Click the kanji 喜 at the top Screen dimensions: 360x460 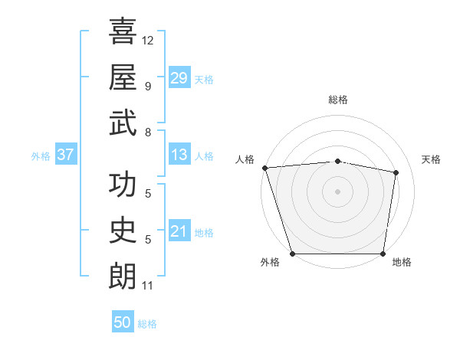click(x=123, y=31)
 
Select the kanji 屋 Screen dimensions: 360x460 click(x=123, y=77)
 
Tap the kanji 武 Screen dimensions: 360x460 click(x=123, y=122)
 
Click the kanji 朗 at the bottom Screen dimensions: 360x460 click(x=123, y=275)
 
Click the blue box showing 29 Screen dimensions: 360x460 click(x=179, y=78)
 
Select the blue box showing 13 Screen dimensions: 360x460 click(x=179, y=155)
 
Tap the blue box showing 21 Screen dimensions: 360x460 click(x=179, y=232)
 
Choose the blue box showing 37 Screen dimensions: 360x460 click(x=65, y=155)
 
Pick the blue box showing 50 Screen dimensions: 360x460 click(x=123, y=322)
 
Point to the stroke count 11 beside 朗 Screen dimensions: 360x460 click(x=148, y=286)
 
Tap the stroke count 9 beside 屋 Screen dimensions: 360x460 click(x=148, y=86)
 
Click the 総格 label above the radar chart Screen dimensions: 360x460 click(x=338, y=100)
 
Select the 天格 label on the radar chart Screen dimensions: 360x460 click(x=431, y=159)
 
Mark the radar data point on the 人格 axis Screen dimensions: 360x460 click(x=265, y=168)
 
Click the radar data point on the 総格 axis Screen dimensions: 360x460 click(x=338, y=161)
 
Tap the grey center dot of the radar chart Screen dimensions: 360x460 click(x=338, y=191)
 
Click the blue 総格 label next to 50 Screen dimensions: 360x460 click(x=147, y=324)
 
